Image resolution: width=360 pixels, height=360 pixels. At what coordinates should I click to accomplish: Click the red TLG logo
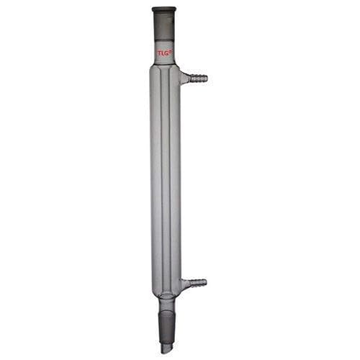[x=164, y=53]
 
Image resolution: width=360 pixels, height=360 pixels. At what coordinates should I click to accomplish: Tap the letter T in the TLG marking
[x=160, y=53]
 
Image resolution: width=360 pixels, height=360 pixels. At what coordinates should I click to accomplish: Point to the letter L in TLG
[x=163, y=53]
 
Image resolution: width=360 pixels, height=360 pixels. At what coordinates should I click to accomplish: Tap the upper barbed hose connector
[x=196, y=77]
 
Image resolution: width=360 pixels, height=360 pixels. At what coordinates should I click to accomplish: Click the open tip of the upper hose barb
[x=206, y=77]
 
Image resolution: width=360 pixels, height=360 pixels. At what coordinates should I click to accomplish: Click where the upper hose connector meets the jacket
[x=183, y=77]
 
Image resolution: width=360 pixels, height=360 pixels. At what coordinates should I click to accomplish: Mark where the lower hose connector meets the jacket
[x=183, y=284]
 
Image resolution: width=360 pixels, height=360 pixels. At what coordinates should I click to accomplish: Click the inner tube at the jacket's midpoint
[x=166, y=180]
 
